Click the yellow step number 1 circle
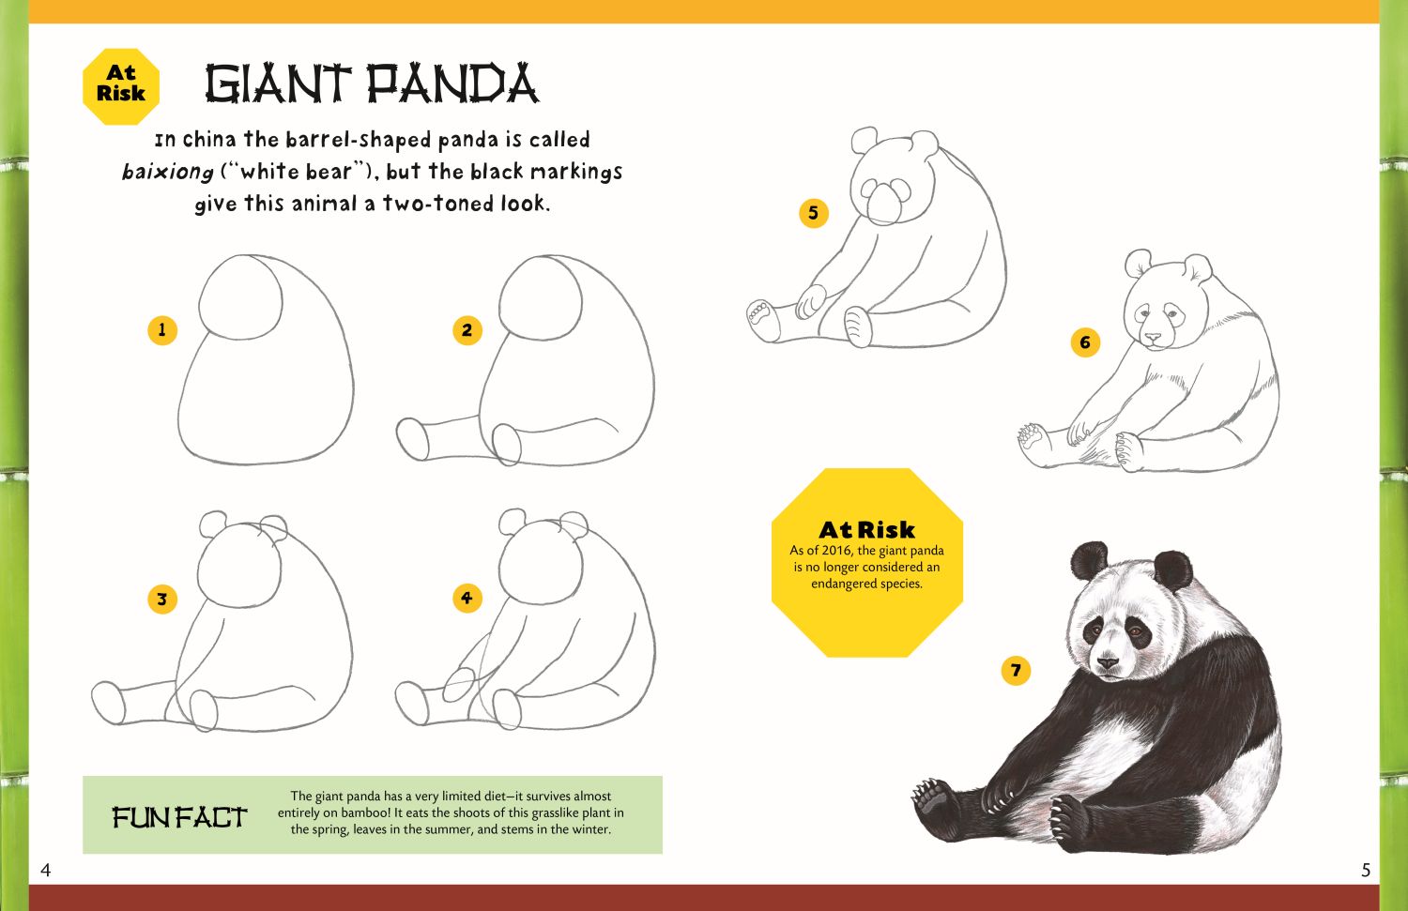pyautogui.click(x=162, y=330)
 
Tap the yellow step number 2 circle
pyautogui.click(x=467, y=330)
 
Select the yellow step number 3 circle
pyautogui.click(x=162, y=599)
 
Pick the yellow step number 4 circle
pyautogui.click(x=467, y=598)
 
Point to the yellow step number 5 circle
pyautogui.click(x=814, y=213)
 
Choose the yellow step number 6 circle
pyautogui.click(x=1085, y=342)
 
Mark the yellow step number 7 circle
pyautogui.click(x=1015, y=670)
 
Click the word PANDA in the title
pyautogui.click(x=453, y=84)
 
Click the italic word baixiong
pyautogui.click(x=168, y=172)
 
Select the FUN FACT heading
pyautogui.click(x=180, y=817)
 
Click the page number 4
pyautogui.click(x=45, y=870)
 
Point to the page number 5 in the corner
pyautogui.click(x=1365, y=870)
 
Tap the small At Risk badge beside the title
pyautogui.click(x=121, y=86)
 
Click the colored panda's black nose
pyautogui.click(x=1108, y=662)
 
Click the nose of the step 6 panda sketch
pyautogui.click(x=1153, y=338)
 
